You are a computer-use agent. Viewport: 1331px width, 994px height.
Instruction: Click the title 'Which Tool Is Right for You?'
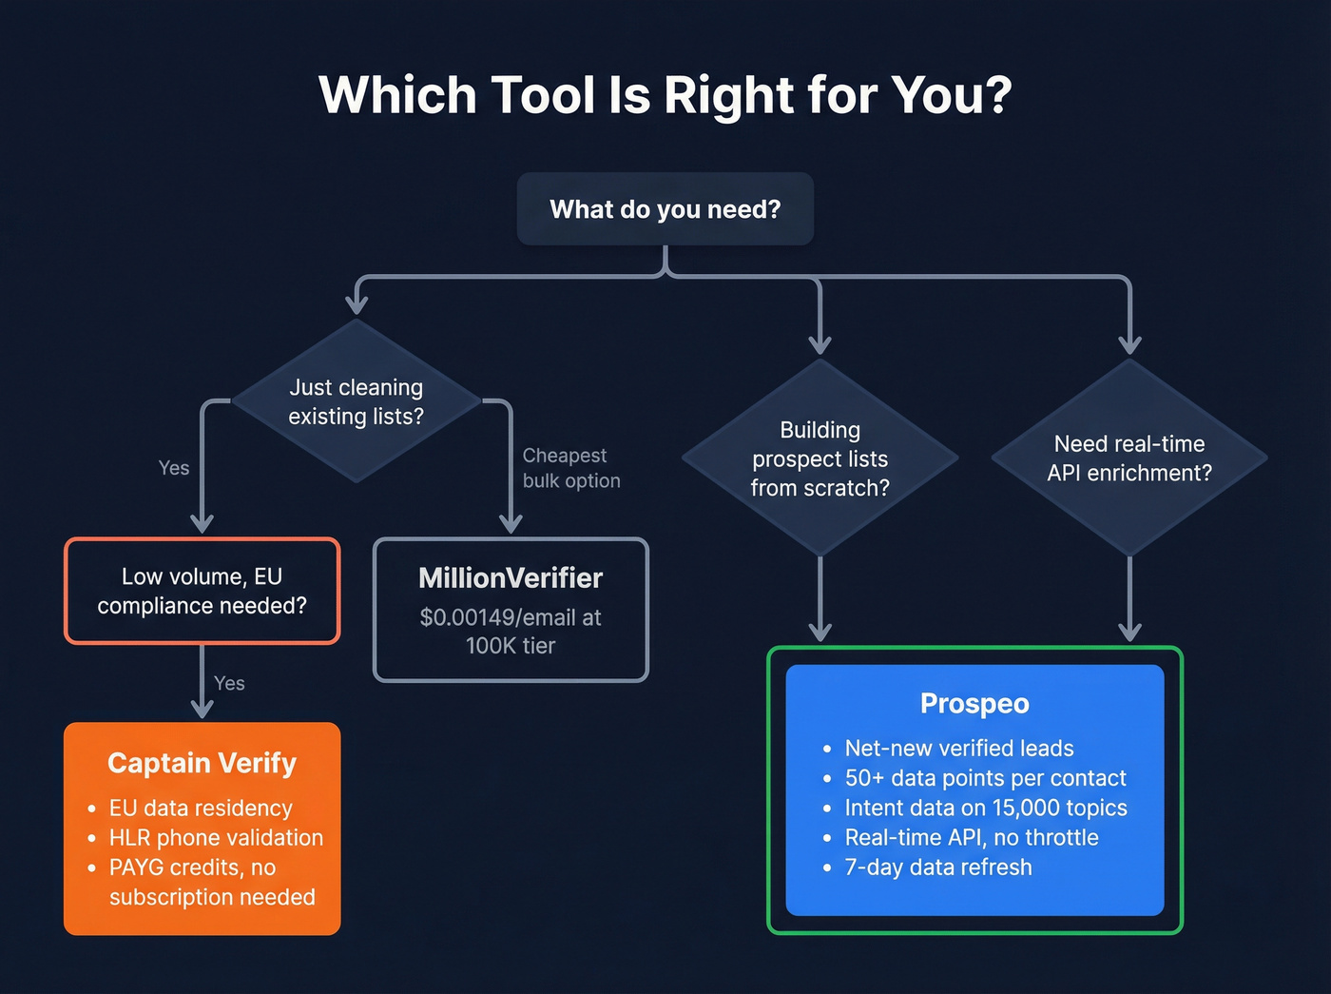click(x=665, y=95)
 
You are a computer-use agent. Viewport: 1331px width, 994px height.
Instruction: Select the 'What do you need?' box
click(x=665, y=209)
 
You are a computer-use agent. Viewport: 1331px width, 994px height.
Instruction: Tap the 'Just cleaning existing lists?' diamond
click(x=356, y=401)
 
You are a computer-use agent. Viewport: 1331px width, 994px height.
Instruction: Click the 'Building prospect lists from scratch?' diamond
click(x=820, y=458)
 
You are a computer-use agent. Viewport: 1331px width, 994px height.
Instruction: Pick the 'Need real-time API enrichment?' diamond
click(x=1128, y=458)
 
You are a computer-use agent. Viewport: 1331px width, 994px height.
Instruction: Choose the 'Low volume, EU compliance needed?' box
click(x=202, y=591)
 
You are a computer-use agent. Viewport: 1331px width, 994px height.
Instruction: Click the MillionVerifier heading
click(x=511, y=578)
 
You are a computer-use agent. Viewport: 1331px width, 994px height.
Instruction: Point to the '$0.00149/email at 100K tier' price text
click(x=511, y=632)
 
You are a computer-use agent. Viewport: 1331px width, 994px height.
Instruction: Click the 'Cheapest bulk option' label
click(x=570, y=468)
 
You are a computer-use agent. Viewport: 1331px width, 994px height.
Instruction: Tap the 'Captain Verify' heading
click(x=202, y=763)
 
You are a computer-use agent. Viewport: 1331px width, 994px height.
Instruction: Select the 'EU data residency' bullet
click(x=201, y=808)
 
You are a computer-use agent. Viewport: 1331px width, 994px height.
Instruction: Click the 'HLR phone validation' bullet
click(x=216, y=838)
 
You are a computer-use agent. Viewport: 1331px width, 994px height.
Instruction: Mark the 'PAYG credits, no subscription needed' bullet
click(x=211, y=882)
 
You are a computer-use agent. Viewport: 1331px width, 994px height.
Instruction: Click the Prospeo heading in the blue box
click(x=974, y=704)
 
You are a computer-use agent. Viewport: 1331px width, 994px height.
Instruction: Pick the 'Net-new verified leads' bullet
click(x=959, y=749)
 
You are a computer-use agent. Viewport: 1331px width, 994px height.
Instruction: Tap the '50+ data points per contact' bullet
click(x=985, y=778)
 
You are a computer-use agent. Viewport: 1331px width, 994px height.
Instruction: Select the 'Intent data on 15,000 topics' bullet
click(x=986, y=808)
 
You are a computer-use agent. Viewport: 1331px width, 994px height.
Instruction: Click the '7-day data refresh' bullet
click(x=937, y=867)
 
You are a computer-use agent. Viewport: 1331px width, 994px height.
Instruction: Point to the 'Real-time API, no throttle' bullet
click(x=972, y=838)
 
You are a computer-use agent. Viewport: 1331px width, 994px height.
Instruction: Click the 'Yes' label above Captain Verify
click(x=229, y=683)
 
